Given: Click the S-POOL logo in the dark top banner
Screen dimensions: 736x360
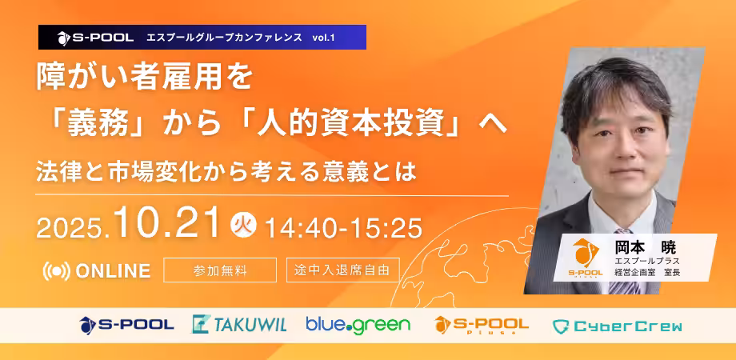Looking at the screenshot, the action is (x=95, y=38).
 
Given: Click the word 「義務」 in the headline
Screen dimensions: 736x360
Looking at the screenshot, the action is (x=96, y=124).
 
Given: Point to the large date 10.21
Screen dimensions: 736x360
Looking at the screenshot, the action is (x=169, y=222).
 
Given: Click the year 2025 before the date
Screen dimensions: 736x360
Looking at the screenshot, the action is (x=74, y=229).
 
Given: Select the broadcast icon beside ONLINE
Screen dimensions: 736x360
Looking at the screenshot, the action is (x=56, y=271).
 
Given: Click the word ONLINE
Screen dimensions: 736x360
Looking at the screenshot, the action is (x=113, y=271).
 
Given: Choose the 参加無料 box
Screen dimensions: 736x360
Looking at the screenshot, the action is (x=220, y=270).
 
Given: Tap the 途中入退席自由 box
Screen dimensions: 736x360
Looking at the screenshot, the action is (x=342, y=270).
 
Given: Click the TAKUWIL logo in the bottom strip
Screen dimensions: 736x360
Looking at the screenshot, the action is (x=239, y=324).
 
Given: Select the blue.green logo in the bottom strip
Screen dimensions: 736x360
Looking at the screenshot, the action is (x=358, y=325).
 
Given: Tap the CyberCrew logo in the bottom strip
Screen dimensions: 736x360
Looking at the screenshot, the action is (x=618, y=326).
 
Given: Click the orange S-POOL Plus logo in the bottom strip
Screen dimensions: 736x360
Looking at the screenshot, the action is (x=482, y=325).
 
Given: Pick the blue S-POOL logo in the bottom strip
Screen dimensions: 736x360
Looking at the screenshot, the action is (x=126, y=324).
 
